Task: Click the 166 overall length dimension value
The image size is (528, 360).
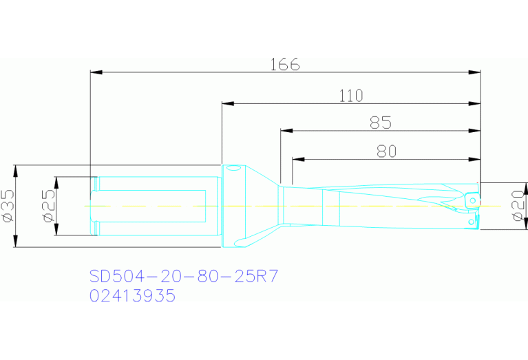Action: point(285,64)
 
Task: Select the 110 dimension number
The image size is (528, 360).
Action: point(351,96)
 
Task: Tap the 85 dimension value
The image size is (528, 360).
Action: point(381,123)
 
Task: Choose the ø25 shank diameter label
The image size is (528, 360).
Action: point(47,207)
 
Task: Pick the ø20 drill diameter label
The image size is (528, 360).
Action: point(520,207)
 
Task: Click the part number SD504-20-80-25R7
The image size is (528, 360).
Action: point(184,276)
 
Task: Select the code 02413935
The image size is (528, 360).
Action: point(133,296)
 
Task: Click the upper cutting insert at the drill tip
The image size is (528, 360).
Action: point(472,199)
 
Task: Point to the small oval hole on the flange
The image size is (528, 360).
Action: point(233,169)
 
